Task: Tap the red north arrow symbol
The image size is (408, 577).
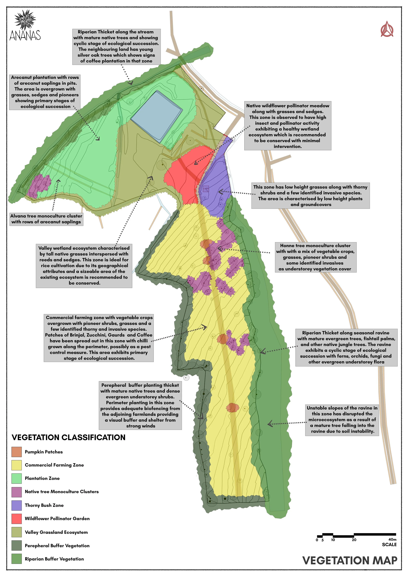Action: (x=387, y=29)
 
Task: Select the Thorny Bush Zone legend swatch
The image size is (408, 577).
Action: (x=17, y=505)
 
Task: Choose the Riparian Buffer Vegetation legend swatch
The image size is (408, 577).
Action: (x=17, y=559)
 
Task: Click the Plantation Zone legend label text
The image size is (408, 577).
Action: (x=42, y=478)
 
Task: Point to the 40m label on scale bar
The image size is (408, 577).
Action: (x=392, y=539)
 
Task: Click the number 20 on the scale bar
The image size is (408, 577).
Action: (x=354, y=540)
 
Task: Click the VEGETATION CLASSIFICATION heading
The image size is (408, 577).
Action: (x=68, y=437)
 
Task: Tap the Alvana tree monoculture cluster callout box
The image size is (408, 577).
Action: (x=46, y=219)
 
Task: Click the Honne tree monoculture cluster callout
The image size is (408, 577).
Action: (x=315, y=257)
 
